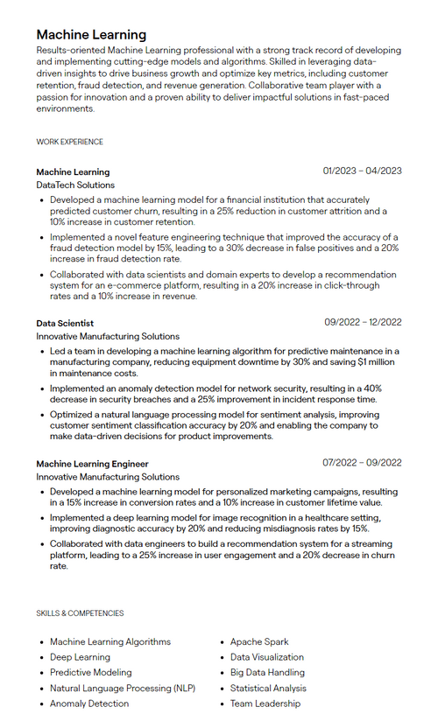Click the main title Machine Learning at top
(92, 34)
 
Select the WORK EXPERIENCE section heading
(70, 142)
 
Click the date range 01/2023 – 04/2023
(362, 171)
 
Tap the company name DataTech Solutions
(75, 185)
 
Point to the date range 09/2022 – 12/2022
(363, 322)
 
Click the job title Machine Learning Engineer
(92, 463)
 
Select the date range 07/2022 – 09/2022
(362, 463)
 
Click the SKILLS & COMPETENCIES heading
(80, 613)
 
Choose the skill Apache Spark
(259, 641)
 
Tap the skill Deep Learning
(80, 657)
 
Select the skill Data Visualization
(267, 657)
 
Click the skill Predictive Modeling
(90, 672)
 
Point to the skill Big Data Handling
(267, 672)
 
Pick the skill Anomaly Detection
(89, 703)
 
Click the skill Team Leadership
(265, 703)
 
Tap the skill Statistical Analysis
(268, 688)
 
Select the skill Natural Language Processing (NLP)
(124, 688)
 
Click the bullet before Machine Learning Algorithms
(41, 642)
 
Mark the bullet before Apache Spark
(222, 642)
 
